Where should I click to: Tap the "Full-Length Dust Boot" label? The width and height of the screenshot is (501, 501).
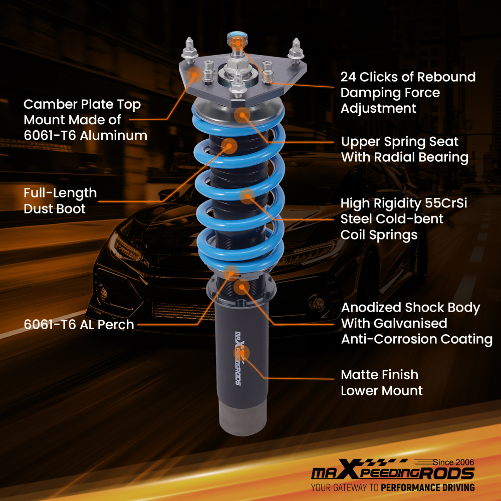(60, 200)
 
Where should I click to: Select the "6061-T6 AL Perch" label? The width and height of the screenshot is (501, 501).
(79, 325)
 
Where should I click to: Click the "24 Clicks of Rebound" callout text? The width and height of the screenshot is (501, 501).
(408, 77)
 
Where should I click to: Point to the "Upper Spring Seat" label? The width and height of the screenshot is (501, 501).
(400, 141)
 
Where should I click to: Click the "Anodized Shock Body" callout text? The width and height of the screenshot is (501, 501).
(410, 308)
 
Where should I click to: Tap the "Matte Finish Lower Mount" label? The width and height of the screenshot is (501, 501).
(381, 382)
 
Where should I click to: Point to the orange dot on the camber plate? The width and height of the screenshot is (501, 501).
(194, 75)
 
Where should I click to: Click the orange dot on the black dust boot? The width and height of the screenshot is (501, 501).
(229, 146)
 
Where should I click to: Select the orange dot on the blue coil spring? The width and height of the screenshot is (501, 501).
(246, 196)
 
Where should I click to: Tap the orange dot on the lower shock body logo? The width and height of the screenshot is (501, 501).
(241, 353)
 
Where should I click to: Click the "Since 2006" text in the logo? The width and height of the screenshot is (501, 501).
(453, 462)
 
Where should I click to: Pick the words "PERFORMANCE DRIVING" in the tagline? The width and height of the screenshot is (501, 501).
(427, 487)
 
